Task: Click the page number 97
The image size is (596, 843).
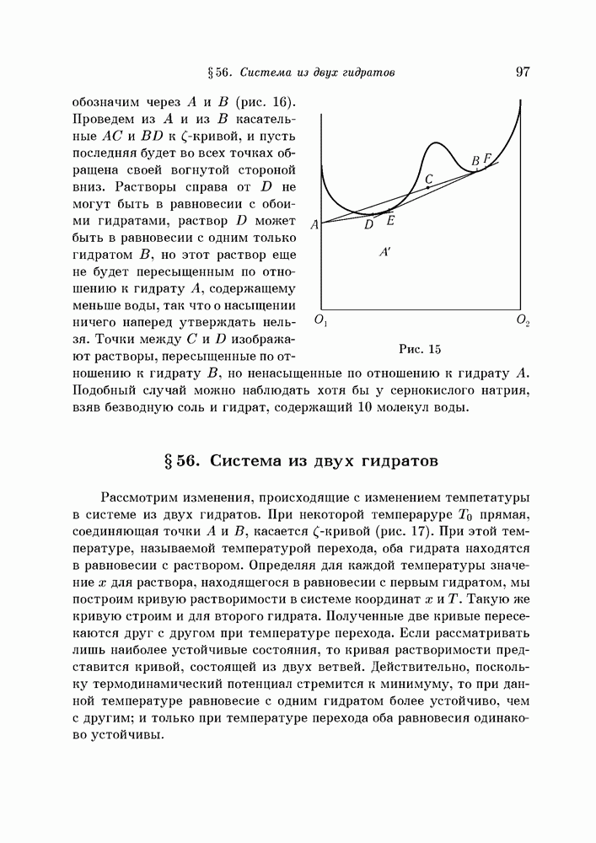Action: point(522,72)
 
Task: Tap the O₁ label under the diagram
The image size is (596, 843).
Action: point(320,321)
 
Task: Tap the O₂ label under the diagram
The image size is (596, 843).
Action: point(524,321)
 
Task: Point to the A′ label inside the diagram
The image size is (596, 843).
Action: point(384,252)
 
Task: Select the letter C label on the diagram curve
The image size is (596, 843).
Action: point(429,179)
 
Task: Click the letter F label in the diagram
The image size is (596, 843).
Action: point(488,158)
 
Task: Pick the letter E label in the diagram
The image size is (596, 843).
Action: point(389,220)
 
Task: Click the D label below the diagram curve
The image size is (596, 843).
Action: point(368,224)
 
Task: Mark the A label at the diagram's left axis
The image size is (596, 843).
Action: point(314,225)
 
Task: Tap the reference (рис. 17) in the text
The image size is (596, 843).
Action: point(471,532)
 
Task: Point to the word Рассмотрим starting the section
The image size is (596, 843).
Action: point(142,497)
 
